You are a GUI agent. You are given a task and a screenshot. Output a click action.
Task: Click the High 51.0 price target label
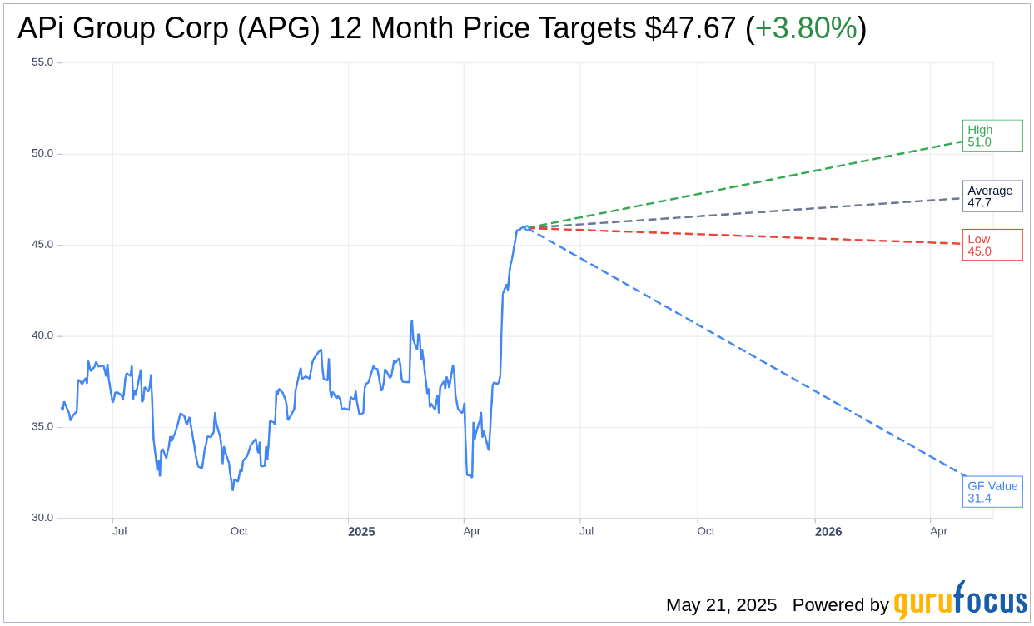992,136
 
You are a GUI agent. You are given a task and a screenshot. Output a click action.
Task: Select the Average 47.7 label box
992,196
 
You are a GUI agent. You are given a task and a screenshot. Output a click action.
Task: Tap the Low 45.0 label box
992,245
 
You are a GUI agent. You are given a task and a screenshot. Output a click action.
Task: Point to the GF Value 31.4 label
992,492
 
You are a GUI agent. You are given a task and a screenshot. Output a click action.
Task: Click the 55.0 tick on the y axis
42,62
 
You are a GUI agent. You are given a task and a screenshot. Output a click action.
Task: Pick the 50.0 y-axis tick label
42,153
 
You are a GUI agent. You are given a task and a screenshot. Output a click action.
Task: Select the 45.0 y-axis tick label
42,245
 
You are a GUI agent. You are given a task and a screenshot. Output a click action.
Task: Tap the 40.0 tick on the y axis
42,335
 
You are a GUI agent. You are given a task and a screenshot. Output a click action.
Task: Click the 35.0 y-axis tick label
42,427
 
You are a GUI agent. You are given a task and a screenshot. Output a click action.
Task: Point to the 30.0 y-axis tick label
42,518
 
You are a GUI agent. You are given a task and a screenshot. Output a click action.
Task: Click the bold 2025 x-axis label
361,532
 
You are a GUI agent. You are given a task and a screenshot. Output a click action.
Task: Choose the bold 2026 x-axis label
828,532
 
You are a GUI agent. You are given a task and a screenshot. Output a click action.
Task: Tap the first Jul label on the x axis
119,531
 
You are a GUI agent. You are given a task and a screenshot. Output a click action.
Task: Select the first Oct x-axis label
239,531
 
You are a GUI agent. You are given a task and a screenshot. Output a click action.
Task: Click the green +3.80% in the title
806,28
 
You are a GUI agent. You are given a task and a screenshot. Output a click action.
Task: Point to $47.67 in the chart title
690,28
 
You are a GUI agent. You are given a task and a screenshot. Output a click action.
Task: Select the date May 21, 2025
721,605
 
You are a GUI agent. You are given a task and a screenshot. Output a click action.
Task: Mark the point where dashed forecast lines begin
526,227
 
